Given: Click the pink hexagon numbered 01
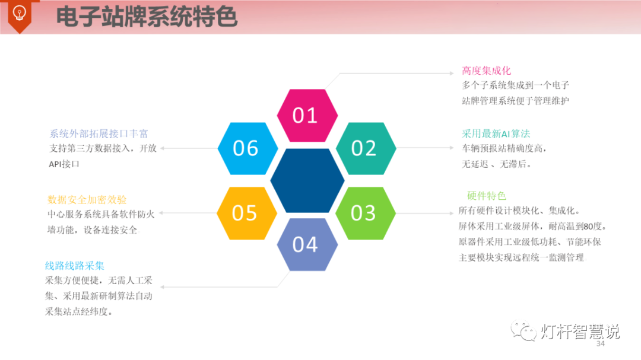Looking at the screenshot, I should pyautogui.click(x=307, y=115).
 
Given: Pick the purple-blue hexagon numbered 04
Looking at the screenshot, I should pyautogui.click(x=307, y=244).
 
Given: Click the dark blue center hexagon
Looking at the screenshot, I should pyautogui.click(x=307, y=180).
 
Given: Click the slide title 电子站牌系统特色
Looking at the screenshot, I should pyautogui.click(x=147, y=17).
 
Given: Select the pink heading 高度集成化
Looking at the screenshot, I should pyautogui.click(x=486, y=71).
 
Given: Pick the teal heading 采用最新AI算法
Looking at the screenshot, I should pyautogui.click(x=496, y=133).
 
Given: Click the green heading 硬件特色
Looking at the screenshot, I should pyautogui.click(x=486, y=196).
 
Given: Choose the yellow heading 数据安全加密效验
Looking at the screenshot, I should pyautogui.click(x=87, y=200).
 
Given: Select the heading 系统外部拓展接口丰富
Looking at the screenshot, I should pyautogui.click(x=99, y=133).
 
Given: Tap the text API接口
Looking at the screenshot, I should pyautogui.click(x=64, y=164).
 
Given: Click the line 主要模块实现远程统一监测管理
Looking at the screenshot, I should pyautogui.click(x=521, y=257).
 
